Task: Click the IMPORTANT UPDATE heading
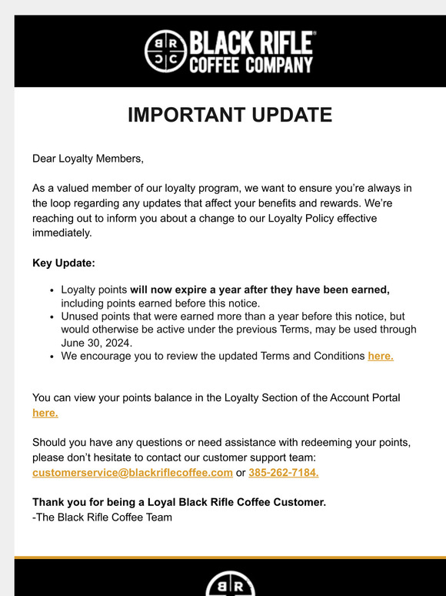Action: tap(230, 115)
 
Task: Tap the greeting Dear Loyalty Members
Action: tap(88, 159)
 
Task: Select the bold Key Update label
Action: tap(64, 263)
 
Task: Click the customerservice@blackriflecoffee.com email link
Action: tap(132, 472)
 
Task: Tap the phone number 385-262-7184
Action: tap(284, 472)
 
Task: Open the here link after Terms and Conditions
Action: tap(381, 356)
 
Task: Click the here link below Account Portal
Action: tap(45, 413)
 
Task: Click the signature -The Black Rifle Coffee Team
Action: tap(102, 517)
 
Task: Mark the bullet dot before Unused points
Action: tap(52, 316)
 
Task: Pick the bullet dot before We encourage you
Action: tap(52, 357)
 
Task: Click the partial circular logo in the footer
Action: tap(230, 584)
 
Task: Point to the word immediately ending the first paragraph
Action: tap(62, 233)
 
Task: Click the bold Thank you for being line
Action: tap(179, 502)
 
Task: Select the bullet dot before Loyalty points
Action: tap(52, 290)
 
